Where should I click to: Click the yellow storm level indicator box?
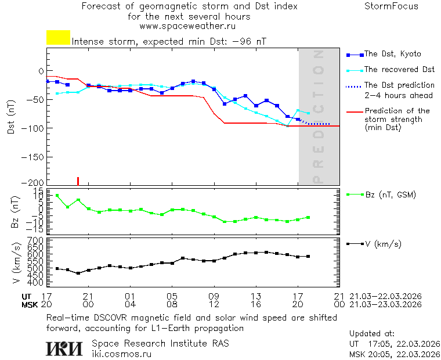tap(58, 38)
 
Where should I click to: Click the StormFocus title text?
tap(391, 6)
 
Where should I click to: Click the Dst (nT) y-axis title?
tap(11, 120)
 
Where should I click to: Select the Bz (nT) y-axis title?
tap(15, 212)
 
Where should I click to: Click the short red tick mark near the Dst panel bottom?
tap(78, 181)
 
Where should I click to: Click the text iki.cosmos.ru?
tap(121, 353)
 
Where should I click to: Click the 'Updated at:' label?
tap(371, 334)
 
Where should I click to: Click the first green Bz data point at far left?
tap(57, 196)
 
